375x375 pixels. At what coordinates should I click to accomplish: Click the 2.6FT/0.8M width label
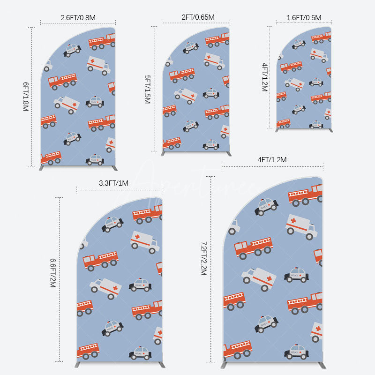(78, 18)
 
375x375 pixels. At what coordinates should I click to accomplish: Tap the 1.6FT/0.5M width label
(304, 18)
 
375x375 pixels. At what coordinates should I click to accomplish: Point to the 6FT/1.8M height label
(26, 97)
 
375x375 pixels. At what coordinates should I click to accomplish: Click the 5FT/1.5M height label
(147, 89)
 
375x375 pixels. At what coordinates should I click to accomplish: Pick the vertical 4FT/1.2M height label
(265, 77)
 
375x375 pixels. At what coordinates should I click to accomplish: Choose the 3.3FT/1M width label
(113, 183)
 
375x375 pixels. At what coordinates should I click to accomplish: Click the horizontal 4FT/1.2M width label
(272, 160)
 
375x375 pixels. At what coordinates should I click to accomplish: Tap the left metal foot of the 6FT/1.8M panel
(44, 167)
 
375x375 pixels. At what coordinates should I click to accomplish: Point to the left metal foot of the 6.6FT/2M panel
(79, 364)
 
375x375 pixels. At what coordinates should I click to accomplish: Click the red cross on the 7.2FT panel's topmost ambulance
(293, 220)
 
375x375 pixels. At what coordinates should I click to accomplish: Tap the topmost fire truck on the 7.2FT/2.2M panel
(305, 195)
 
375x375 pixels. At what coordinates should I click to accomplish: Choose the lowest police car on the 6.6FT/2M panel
(140, 352)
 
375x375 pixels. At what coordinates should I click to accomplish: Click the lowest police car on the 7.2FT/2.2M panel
(296, 351)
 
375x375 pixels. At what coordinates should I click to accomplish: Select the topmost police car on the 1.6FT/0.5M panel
(299, 44)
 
